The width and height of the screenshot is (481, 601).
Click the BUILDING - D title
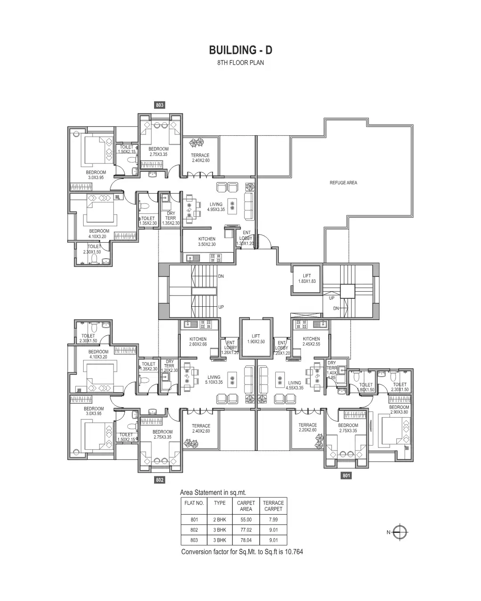(240, 49)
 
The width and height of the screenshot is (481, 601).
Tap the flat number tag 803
(159, 105)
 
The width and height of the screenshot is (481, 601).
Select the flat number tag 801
(346, 475)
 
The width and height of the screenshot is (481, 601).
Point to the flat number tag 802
(160, 480)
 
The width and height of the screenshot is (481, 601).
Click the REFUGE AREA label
(343, 183)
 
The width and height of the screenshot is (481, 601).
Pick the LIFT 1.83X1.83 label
(307, 279)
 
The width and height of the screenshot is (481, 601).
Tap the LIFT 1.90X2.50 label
(256, 339)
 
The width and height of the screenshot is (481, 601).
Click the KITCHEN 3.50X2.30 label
(207, 242)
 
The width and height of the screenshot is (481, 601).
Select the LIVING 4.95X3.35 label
(216, 207)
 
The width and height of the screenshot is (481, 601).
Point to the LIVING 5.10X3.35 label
(214, 380)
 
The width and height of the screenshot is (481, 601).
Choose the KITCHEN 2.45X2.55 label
(311, 341)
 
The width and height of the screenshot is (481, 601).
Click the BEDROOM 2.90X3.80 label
(399, 410)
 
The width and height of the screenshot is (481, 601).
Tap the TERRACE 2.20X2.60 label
(308, 427)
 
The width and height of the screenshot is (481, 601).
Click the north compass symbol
(401, 532)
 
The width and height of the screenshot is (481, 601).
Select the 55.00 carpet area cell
(246, 520)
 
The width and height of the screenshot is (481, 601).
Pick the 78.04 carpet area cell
(246, 540)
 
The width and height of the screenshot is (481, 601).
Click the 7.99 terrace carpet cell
(273, 520)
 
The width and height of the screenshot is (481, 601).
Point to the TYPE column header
(220, 503)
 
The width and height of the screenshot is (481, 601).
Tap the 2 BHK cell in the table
(220, 520)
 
